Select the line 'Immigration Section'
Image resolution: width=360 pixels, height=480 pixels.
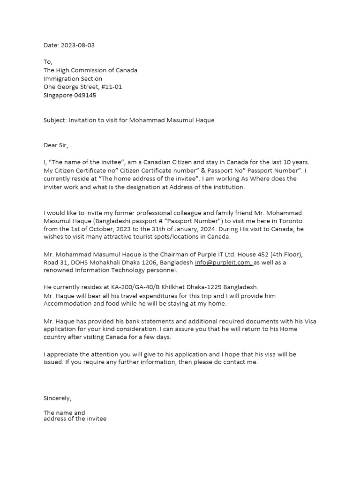[73, 79]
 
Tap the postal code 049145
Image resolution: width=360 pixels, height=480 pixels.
[85, 95]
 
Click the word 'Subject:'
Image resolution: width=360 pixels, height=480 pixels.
[55, 120]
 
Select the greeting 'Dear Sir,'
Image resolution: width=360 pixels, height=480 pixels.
[56, 145]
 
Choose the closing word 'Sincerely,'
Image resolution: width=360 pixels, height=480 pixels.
[58, 398]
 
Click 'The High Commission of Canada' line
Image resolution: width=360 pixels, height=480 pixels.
[90, 70]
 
